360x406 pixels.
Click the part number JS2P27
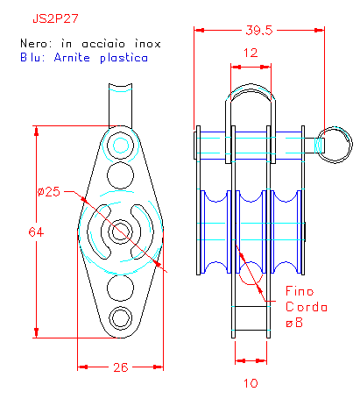55,18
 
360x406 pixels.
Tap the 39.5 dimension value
259,30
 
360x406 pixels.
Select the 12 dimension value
251,53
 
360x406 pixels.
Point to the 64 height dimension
36,232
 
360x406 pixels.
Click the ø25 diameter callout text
49,191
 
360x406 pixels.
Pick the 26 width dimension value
121,367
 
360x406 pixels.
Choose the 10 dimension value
251,383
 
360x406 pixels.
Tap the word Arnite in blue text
72,57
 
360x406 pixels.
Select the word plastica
124,58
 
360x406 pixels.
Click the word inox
147,44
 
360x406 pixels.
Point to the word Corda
307,307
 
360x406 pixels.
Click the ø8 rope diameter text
294,323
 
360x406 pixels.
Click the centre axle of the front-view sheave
120,231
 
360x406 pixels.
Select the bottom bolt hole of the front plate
120,317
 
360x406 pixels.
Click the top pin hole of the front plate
121,146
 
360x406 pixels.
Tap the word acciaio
103,44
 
